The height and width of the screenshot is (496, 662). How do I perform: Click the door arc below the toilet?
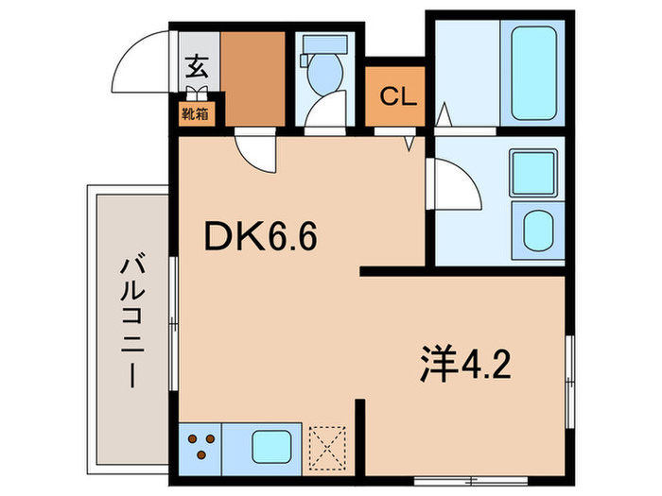coord(326,111)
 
